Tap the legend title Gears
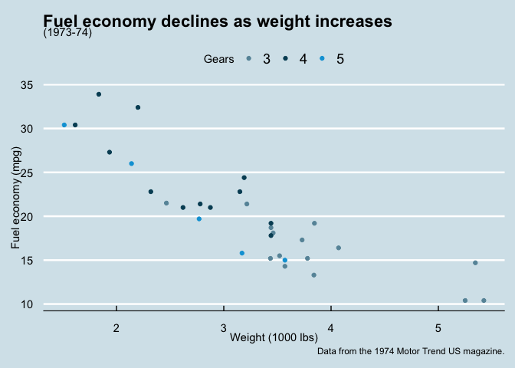click(218, 59)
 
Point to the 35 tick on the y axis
click(28, 85)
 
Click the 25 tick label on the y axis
click(28, 173)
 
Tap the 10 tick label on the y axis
click(28, 304)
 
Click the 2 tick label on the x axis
click(116, 329)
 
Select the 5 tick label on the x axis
click(438, 329)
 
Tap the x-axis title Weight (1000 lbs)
click(274, 337)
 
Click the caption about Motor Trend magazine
click(410, 351)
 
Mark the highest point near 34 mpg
click(99, 94)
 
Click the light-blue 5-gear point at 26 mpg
click(132, 164)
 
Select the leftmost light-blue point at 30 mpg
click(64, 125)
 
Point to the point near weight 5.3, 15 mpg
click(475, 263)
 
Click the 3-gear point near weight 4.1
click(339, 248)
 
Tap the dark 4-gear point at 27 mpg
click(110, 153)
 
